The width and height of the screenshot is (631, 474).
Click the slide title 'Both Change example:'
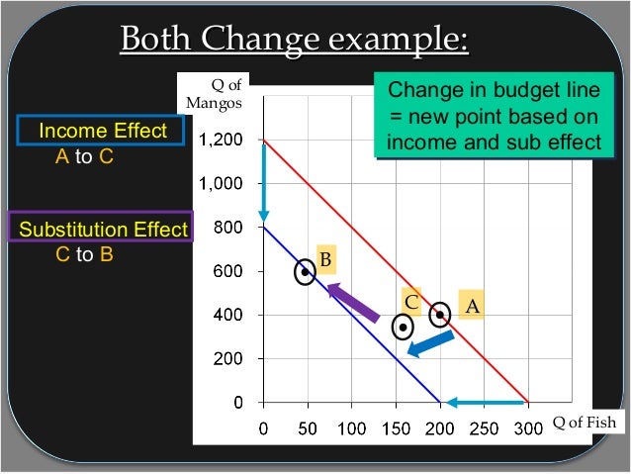pyautogui.click(x=294, y=42)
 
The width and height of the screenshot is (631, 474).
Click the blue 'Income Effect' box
pyautogui.click(x=102, y=133)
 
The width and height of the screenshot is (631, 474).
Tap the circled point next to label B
pyautogui.click(x=306, y=272)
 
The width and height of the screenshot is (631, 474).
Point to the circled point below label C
pyautogui.click(x=403, y=327)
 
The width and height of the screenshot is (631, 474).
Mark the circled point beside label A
pyautogui.click(x=440, y=315)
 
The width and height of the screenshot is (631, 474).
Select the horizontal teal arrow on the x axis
pyautogui.click(x=484, y=402)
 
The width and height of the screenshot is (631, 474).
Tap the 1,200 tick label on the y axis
pyautogui.click(x=222, y=141)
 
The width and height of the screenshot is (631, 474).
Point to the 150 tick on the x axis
pyautogui.click(x=396, y=427)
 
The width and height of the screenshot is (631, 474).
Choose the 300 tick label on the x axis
pyautogui.click(x=528, y=427)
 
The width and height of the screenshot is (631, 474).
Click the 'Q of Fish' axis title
pyautogui.click(x=585, y=423)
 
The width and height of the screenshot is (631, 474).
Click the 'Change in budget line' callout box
pyautogui.click(x=492, y=117)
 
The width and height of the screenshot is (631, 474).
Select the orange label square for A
pyautogui.click(x=473, y=307)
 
